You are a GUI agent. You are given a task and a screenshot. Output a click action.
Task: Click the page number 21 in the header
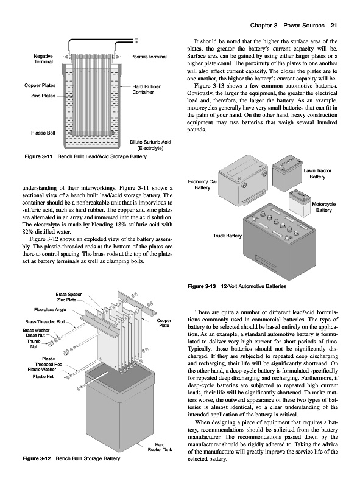[x=334, y=26]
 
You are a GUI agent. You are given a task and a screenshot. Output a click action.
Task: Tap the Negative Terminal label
[x=43, y=58]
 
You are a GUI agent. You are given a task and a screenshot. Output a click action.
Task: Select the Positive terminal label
[x=149, y=57]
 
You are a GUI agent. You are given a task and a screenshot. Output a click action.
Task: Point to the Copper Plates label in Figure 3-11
[x=40, y=85]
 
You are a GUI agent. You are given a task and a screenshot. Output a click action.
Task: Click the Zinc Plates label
[x=43, y=96]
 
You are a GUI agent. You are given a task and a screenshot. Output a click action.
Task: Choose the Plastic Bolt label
[x=43, y=133]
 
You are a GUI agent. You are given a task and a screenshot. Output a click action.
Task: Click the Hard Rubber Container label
[x=146, y=89]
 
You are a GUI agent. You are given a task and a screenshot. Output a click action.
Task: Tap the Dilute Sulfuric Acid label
[x=150, y=145]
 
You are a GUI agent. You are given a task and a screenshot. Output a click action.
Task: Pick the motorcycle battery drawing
[x=300, y=203]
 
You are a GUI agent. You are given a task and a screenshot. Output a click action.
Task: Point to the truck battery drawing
[x=279, y=240]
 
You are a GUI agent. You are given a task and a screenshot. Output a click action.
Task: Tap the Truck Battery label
[x=227, y=236]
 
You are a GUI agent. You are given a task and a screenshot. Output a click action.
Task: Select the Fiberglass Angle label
[x=50, y=309]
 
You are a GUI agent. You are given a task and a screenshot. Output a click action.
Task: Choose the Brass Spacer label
[x=69, y=294]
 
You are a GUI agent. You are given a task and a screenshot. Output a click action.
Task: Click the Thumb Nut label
[x=34, y=344]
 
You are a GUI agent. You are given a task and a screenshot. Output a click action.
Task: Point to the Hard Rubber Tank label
[x=160, y=447]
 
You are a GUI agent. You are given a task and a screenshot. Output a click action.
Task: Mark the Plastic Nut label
[x=43, y=376]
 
